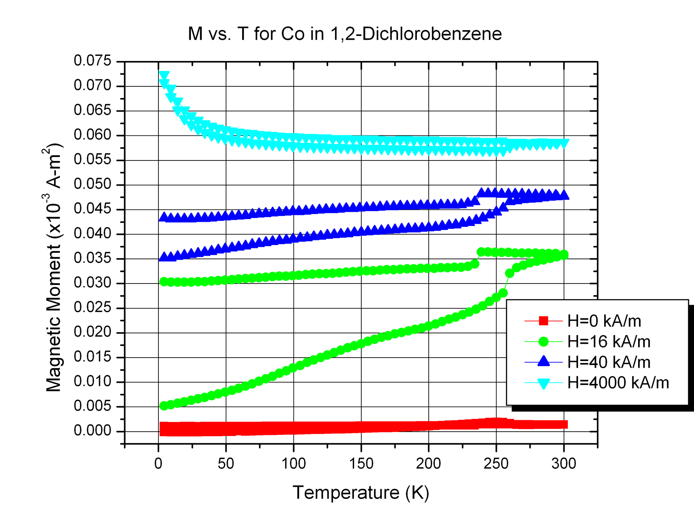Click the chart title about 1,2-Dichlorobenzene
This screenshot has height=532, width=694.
[x=345, y=34]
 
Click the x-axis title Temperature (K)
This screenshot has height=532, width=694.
[x=361, y=493]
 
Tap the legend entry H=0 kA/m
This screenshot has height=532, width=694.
[x=604, y=321]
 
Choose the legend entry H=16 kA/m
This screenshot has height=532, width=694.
[x=608, y=341]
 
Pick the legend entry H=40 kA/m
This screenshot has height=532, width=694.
[x=608, y=362]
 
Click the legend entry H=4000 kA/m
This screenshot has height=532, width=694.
[x=618, y=383]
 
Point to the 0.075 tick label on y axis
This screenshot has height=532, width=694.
[x=93, y=61]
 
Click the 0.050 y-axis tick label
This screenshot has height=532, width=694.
[x=93, y=184]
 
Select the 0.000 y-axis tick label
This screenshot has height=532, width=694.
[x=93, y=431]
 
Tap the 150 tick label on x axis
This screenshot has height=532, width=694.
[x=361, y=463]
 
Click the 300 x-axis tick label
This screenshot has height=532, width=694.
[x=564, y=463]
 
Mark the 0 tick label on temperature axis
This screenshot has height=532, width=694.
[x=158, y=463]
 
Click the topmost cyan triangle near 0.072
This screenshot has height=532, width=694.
[x=164, y=75]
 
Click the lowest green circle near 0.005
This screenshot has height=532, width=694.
[x=164, y=406]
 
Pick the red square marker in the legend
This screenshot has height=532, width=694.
[x=543, y=321]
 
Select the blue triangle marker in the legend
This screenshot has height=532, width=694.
[x=543, y=361]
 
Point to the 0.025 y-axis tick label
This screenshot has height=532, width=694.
[x=93, y=308]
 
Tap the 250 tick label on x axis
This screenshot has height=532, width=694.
[x=496, y=463]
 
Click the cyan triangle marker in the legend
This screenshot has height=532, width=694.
[x=543, y=383]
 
